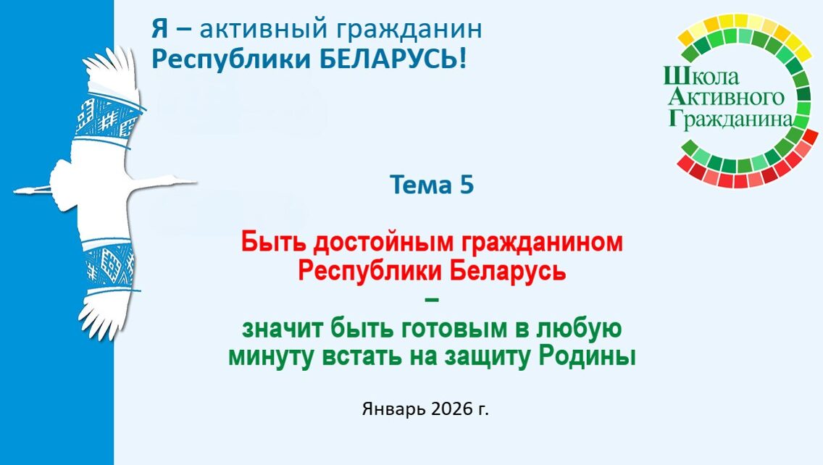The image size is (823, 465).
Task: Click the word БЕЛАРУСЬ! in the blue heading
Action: pos(393,59)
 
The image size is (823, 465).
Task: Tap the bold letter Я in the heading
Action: pos(160,28)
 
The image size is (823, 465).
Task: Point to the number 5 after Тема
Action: pos(467,185)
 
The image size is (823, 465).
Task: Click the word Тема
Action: pos(421,185)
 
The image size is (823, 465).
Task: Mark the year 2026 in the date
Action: pos(452,409)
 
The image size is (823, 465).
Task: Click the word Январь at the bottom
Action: pos(393,409)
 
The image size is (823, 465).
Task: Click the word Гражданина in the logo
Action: pos(730,120)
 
